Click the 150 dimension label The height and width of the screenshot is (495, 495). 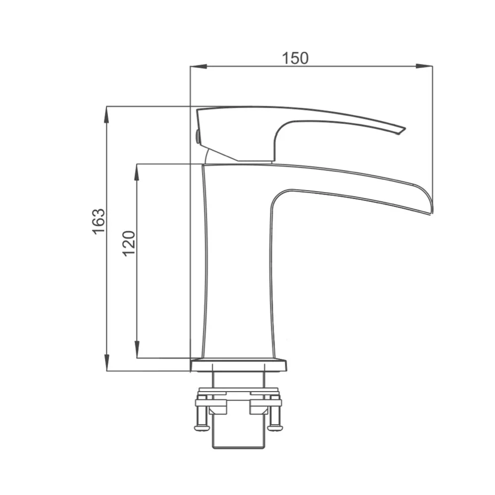[295, 58]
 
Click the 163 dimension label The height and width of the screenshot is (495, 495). [99, 221]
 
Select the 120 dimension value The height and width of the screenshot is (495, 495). [129, 244]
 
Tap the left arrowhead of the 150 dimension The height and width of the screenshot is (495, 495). [198, 66]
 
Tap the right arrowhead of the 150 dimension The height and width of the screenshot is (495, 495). [424, 66]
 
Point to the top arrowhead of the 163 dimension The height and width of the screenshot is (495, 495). [107, 114]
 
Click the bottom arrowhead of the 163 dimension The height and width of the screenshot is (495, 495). [107, 363]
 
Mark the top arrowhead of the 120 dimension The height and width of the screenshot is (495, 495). [137, 172]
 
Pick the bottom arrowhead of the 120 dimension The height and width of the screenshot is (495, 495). [137, 350]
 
